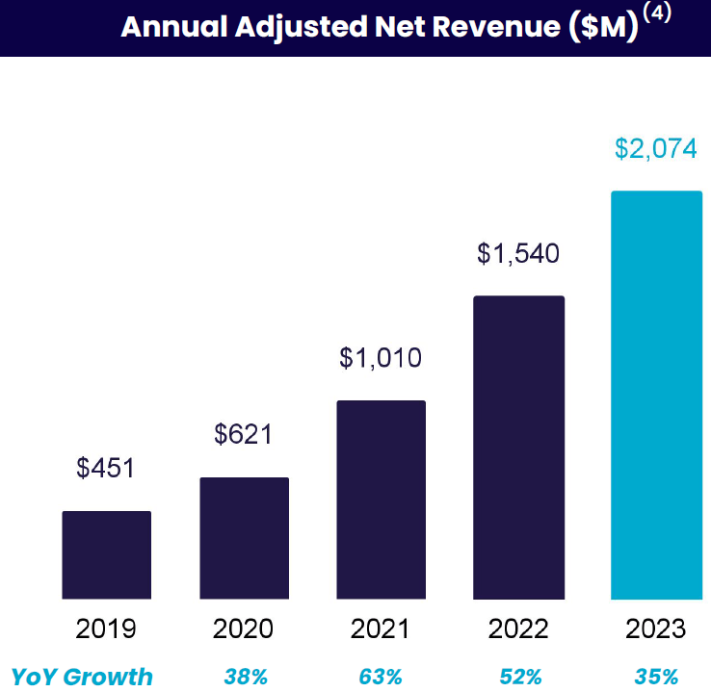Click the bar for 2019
click(x=107, y=554)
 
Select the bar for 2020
click(x=245, y=538)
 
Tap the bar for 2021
click(x=382, y=500)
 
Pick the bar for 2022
click(x=518, y=448)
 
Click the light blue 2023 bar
click(x=656, y=395)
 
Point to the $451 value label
click(x=106, y=469)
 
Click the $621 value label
click(x=244, y=434)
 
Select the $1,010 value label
click(x=381, y=359)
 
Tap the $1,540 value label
click(x=518, y=254)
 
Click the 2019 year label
click(x=106, y=629)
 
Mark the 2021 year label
click(x=381, y=629)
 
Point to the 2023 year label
click(x=656, y=629)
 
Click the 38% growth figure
click(x=245, y=677)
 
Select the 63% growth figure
click(x=381, y=677)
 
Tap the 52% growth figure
click(x=518, y=677)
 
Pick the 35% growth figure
click(x=656, y=677)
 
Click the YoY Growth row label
click(x=82, y=677)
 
